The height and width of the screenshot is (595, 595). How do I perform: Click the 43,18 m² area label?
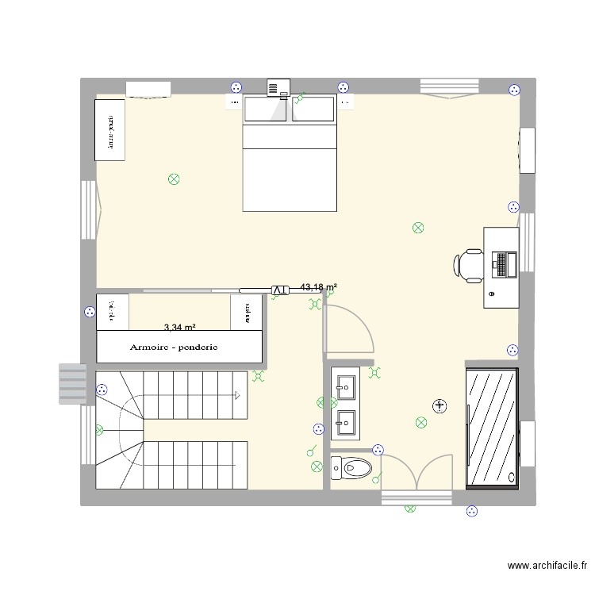coord(319,287)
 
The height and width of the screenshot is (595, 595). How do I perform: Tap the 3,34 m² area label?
coord(180,327)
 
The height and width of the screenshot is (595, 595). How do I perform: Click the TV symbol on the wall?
coord(279,290)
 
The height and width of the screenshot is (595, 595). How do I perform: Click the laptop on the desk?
coord(503,264)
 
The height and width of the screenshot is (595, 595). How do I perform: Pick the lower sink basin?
coord(346,422)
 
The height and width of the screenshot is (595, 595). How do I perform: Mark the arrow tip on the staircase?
coord(237,393)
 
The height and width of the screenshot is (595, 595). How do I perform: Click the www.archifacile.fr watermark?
coord(547,566)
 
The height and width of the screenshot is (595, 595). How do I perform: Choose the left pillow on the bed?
coord(266,109)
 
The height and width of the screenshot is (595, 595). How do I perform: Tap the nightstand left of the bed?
coord(234,102)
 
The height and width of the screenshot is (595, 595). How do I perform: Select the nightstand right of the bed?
coord(345,102)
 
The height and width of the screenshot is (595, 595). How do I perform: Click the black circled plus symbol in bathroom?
coord(440,406)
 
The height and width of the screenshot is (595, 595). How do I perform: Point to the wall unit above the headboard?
coord(278,87)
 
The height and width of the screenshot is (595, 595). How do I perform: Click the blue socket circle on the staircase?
coord(102,390)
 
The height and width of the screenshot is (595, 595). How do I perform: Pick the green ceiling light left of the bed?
coord(174,179)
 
